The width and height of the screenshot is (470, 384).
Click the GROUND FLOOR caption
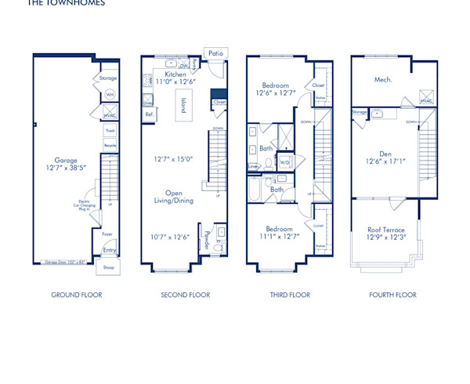tap(77, 295)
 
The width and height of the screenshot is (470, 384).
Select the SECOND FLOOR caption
tap(186, 295)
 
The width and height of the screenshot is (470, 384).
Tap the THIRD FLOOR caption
tap(289, 295)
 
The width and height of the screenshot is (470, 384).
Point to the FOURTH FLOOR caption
tap(393, 295)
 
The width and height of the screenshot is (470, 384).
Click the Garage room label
tap(66, 161)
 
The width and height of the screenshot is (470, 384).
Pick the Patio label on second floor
tap(215, 53)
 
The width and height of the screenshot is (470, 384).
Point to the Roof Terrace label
tap(386, 230)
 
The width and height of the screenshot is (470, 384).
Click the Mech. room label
tap(383, 79)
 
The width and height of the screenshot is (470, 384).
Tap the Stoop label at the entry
tap(108, 266)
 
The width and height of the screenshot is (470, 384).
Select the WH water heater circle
tap(110, 95)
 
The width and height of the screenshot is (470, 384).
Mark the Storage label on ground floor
tap(109, 78)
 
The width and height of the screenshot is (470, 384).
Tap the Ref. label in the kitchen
tap(149, 114)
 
